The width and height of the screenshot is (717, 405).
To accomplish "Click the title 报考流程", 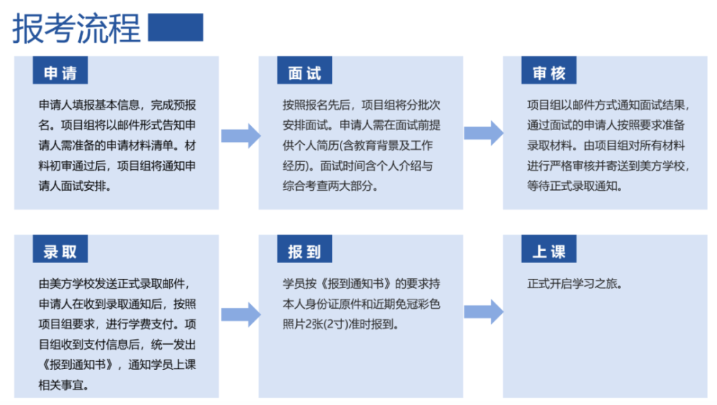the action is pos(77,29).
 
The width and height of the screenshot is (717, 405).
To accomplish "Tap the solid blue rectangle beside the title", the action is pos(176,27).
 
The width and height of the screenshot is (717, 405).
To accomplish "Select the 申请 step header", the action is pos(60,70).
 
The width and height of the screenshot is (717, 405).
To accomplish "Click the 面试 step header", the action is pos(305,70).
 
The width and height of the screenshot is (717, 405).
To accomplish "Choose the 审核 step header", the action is pos(549,70).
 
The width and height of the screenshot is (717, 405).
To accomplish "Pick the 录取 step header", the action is pos(60,249).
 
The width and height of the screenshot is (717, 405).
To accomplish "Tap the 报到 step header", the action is pos(305,249).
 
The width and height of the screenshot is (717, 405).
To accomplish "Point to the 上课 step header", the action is pos(549,249).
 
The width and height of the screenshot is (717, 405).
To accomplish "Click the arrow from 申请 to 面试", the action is pos(241,135).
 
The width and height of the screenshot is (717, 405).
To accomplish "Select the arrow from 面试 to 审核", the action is pos(484,133).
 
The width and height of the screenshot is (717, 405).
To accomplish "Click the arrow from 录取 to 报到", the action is pos(241,315).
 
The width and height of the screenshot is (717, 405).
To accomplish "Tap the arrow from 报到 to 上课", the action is pos(484,312).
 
